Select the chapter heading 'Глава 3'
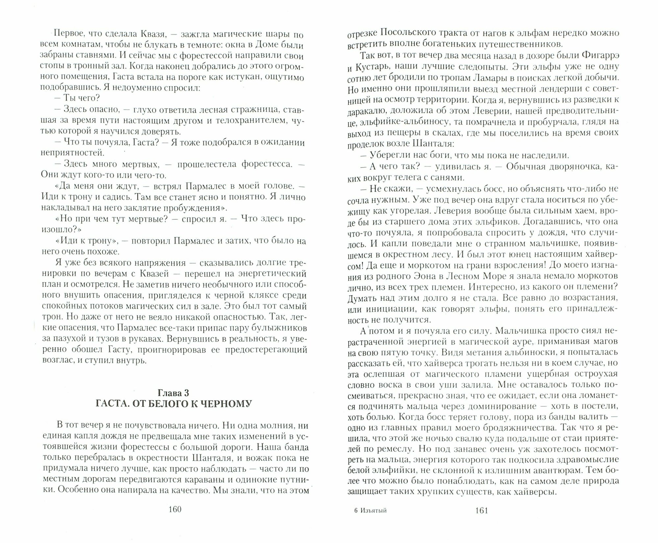pyautogui.click(x=173, y=393)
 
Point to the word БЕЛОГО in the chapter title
pyautogui.click(x=170, y=403)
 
